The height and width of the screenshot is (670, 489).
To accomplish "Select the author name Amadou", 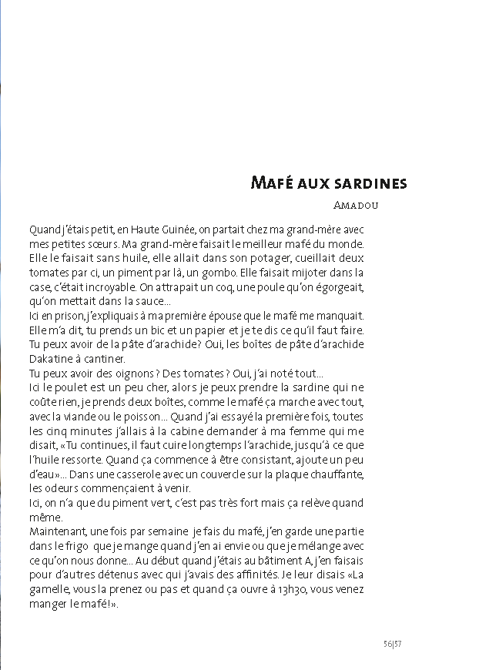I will [357, 205].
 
